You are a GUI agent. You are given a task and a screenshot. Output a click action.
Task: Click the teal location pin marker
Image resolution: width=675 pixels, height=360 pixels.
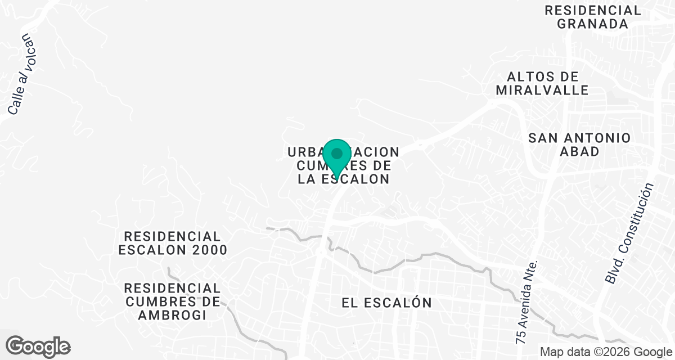[x=337, y=157]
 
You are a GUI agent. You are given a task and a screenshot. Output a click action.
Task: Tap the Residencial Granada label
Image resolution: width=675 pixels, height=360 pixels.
[x=592, y=17]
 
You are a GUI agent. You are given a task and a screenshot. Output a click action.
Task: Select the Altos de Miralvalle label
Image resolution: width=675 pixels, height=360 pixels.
[x=542, y=83]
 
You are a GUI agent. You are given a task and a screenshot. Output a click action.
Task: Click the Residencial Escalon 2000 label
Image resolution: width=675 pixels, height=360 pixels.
[x=173, y=243]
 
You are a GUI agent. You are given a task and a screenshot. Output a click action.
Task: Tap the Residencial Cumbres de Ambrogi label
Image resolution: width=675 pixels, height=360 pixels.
[x=173, y=301]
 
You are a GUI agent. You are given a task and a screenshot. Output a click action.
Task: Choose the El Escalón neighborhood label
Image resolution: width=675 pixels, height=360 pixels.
[x=387, y=303]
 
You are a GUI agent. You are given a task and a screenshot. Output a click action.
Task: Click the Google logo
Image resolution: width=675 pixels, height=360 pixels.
[x=38, y=345]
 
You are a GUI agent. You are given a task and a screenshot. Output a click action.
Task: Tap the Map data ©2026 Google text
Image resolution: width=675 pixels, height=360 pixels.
[x=605, y=352]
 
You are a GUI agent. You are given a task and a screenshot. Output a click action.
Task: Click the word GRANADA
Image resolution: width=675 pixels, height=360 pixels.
[x=592, y=24]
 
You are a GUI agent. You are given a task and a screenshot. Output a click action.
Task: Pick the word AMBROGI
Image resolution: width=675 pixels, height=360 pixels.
[x=173, y=316]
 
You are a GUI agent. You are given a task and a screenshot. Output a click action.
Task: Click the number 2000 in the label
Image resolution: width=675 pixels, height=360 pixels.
[x=209, y=250]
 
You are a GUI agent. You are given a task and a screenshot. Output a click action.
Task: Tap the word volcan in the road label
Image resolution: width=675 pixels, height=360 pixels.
[x=26, y=52]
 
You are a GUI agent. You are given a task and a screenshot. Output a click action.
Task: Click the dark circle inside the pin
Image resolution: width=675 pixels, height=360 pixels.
[x=337, y=153]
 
